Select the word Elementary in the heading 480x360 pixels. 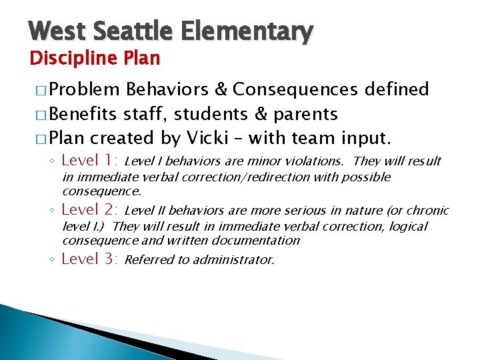coord(243,31)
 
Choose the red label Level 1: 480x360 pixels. coord(89,160)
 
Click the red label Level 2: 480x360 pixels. coord(89,210)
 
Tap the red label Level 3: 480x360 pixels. coord(89,259)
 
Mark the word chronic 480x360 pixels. coord(427,211)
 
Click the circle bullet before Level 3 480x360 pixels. coord(52,260)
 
